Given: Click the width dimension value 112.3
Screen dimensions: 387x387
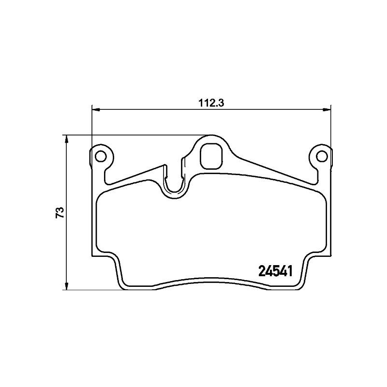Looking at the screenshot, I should coord(212,103).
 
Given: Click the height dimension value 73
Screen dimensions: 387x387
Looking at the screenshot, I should coord(60,213).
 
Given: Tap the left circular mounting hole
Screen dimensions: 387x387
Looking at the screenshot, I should coord(101,156).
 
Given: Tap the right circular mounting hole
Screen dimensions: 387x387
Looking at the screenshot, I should coord(321,156).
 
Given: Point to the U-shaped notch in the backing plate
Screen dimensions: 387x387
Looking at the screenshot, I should coord(173,184).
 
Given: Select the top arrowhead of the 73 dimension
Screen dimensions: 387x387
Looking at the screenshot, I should coord(66,139).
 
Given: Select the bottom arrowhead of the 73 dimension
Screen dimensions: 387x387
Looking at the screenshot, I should coord(66,286).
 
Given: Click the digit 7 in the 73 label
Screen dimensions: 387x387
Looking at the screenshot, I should coord(60,216).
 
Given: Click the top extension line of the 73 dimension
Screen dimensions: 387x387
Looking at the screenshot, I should coord(135,135).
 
